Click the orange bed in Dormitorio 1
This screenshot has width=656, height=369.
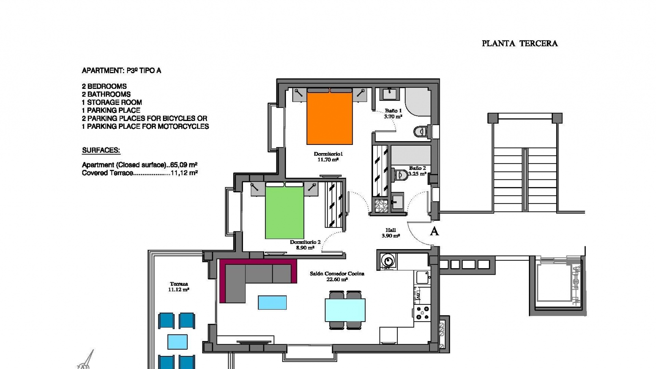click(x=329, y=118)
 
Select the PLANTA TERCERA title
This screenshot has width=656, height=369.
click(x=519, y=43)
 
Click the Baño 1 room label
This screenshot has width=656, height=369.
click(x=393, y=111)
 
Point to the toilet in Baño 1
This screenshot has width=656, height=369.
click(x=421, y=131)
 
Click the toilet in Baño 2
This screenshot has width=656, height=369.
click(x=400, y=175)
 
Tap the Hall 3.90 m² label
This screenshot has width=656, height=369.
click(x=391, y=233)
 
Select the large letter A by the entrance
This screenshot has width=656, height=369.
click(x=434, y=232)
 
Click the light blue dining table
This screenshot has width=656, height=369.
click(x=345, y=310)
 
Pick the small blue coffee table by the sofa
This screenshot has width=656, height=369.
click(x=272, y=302)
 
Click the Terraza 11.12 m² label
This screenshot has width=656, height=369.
click(x=178, y=286)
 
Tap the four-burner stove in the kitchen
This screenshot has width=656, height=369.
click(x=423, y=313)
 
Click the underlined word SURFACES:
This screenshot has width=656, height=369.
click(x=101, y=150)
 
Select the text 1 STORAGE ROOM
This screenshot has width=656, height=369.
click(x=112, y=102)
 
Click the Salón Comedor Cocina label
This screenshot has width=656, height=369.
click(x=337, y=274)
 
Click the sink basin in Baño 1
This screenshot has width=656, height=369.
click(x=389, y=93)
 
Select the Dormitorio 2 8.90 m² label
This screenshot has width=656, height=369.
click(x=305, y=245)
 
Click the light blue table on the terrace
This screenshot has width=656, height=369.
click(x=177, y=342)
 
